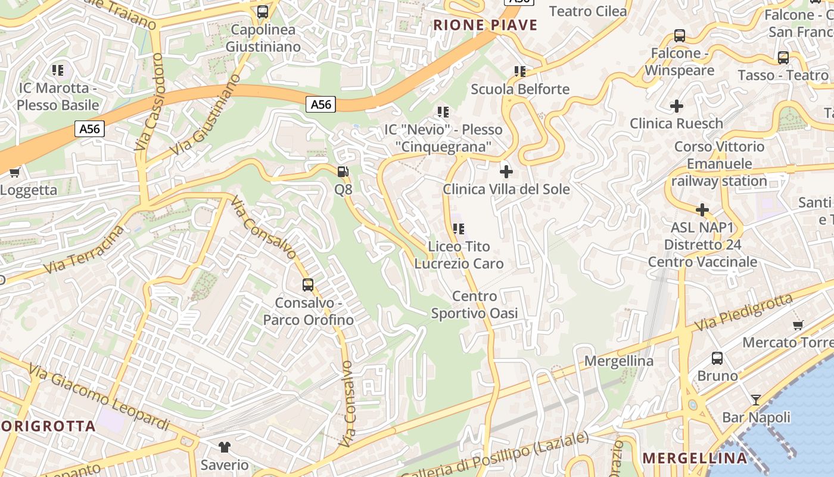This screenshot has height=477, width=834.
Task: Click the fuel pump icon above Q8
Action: click(343, 172)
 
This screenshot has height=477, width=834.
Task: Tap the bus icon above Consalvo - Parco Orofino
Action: click(308, 285)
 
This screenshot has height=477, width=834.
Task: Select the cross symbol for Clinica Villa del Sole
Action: click(506, 172)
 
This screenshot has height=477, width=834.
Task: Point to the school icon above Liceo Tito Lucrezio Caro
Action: click(458, 228)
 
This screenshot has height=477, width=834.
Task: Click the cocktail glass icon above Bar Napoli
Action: click(756, 399)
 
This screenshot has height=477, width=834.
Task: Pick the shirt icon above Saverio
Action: click(224, 447)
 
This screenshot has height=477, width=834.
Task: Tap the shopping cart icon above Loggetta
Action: click(14, 173)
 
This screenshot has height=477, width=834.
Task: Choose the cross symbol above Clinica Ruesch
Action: click(676, 106)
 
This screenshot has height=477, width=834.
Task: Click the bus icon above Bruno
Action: click(717, 358)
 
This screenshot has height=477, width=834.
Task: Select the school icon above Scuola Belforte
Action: click(520, 72)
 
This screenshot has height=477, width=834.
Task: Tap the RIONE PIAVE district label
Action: click(485, 25)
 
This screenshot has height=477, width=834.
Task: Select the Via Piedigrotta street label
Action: click(745, 312)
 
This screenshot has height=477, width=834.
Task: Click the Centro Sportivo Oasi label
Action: click(474, 305)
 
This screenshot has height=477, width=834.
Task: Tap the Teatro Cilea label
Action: click(587, 11)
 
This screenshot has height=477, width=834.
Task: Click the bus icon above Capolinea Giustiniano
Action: click(262, 12)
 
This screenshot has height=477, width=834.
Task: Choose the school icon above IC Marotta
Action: click(58, 70)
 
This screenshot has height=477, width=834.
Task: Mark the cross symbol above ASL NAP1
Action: click(702, 210)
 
